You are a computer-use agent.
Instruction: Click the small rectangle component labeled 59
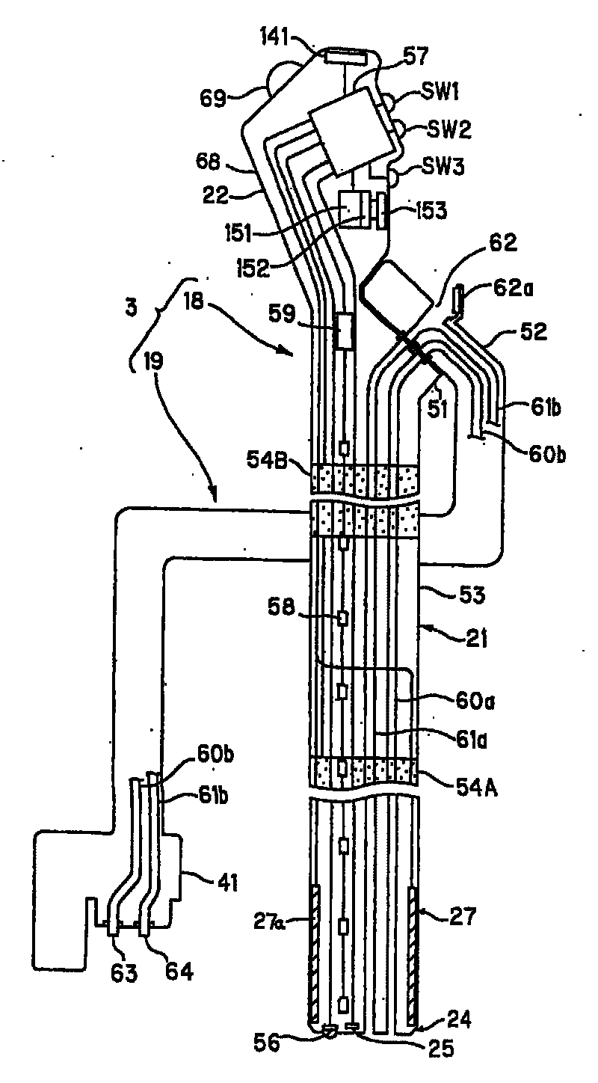pyautogui.click(x=346, y=330)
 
